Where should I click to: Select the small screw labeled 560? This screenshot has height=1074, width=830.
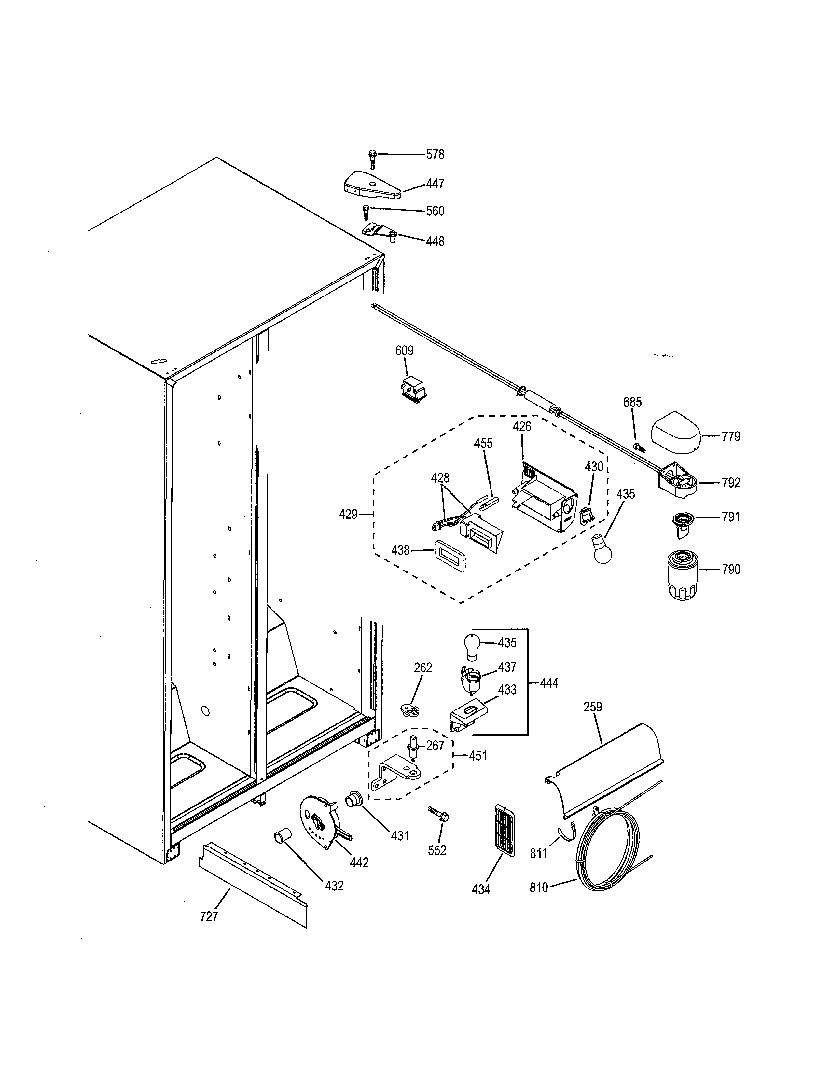[365, 213]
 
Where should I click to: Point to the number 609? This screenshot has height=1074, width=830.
[404, 351]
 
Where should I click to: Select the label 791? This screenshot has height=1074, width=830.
[731, 517]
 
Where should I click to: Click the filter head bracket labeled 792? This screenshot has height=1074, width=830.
[678, 481]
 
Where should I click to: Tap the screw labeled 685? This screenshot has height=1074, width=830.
[639, 447]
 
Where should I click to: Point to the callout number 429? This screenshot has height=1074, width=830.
[348, 514]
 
